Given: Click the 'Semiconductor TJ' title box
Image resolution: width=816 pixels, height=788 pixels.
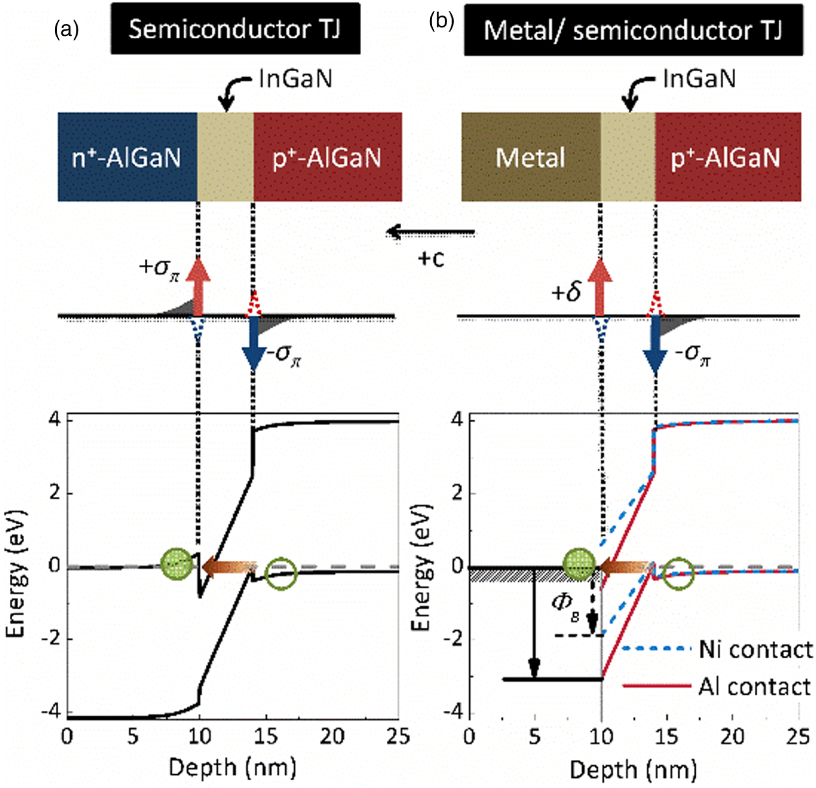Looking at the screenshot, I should [x=235, y=29].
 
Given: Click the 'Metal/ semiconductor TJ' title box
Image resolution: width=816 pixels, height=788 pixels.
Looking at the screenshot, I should [x=633, y=30].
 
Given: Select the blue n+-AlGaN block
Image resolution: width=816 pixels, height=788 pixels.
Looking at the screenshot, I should [x=127, y=157].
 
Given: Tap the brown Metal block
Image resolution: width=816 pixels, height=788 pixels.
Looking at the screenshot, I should [x=530, y=157].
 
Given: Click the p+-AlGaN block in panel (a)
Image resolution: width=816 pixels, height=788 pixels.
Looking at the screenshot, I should [x=327, y=157].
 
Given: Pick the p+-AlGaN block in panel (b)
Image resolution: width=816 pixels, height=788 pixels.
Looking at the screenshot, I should [x=727, y=157].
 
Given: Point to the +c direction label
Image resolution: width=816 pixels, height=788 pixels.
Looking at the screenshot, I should [x=431, y=259].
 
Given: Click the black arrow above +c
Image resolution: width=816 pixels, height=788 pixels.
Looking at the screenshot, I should [x=431, y=232].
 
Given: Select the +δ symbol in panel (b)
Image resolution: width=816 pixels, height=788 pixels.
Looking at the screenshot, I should [x=566, y=292].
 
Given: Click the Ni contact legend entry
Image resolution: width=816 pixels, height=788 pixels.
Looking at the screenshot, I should [x=718, y=650].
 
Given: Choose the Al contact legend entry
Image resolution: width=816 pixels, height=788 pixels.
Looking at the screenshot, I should [x=718, y=687].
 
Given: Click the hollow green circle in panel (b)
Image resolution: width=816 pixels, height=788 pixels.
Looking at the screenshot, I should [x=678, y=574].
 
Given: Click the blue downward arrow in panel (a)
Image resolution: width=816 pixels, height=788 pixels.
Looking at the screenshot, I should [x=253, y=349].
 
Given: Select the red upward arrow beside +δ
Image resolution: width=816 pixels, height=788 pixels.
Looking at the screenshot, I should [x=600, y=287].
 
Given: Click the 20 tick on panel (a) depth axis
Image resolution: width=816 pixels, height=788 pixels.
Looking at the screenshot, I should [x=332, y=736].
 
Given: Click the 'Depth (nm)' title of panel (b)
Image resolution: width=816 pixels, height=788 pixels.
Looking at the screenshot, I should [x=633, y=770].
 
